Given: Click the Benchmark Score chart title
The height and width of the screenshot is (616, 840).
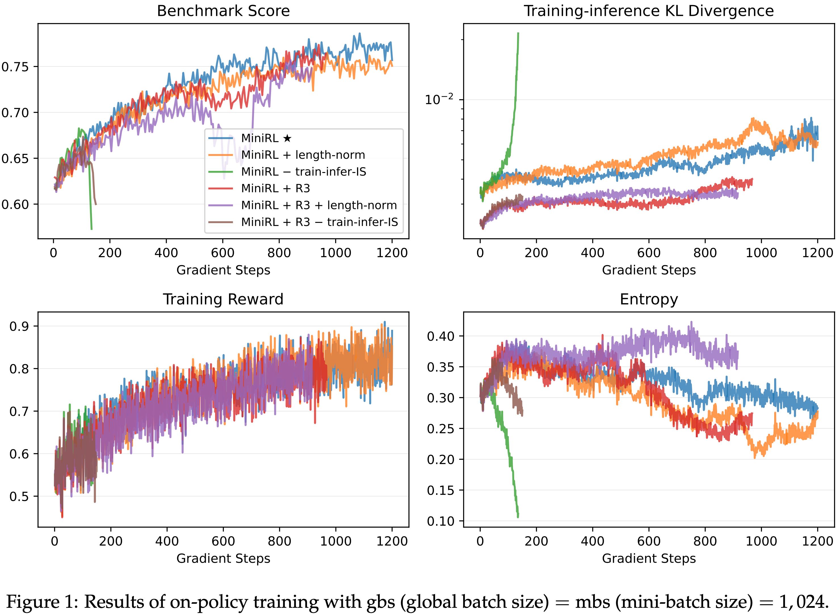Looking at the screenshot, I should [x=223, y=11].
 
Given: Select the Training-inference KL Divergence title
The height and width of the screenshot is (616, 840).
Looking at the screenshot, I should [x=648, y=11].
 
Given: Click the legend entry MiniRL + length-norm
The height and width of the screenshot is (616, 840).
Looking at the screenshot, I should [x=303, y=155].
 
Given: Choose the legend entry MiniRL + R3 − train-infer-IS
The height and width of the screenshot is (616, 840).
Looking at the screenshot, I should [x=319, y=222].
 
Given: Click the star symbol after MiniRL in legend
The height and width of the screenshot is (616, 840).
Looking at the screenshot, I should [x=287, y=138].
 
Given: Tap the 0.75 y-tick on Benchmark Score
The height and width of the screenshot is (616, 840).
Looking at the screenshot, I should [x=15, y=67].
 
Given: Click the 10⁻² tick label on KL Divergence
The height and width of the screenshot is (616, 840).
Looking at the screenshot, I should [x=439, y=100].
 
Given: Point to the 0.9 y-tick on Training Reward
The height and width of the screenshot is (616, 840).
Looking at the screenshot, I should [x=19, y=326].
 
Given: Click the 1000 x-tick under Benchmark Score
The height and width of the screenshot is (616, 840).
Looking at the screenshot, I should [x=335, y=253].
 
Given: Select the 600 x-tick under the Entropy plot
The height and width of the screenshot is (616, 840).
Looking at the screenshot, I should [x=649, y=541].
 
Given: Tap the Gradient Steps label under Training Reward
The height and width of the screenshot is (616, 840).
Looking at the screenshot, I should [x=223, y=558].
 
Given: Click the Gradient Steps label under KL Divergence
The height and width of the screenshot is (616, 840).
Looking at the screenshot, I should [x=648, y=270].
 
